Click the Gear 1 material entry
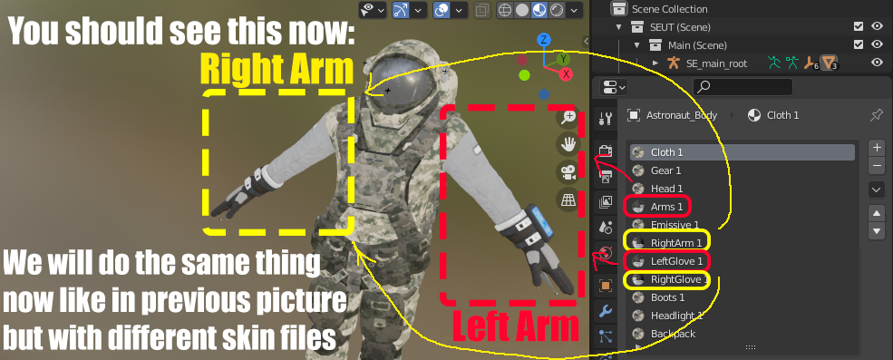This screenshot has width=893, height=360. (665, 170)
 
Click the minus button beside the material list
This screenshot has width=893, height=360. (877, 166)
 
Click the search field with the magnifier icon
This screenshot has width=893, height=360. (743, 86)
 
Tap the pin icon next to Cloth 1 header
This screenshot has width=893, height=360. (877, 115)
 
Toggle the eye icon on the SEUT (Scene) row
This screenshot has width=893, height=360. (877, 27)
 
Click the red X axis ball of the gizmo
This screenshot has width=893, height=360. (566, 73)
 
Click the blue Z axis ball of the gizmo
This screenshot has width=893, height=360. (545, 40)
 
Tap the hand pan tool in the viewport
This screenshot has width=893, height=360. (568, 145)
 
